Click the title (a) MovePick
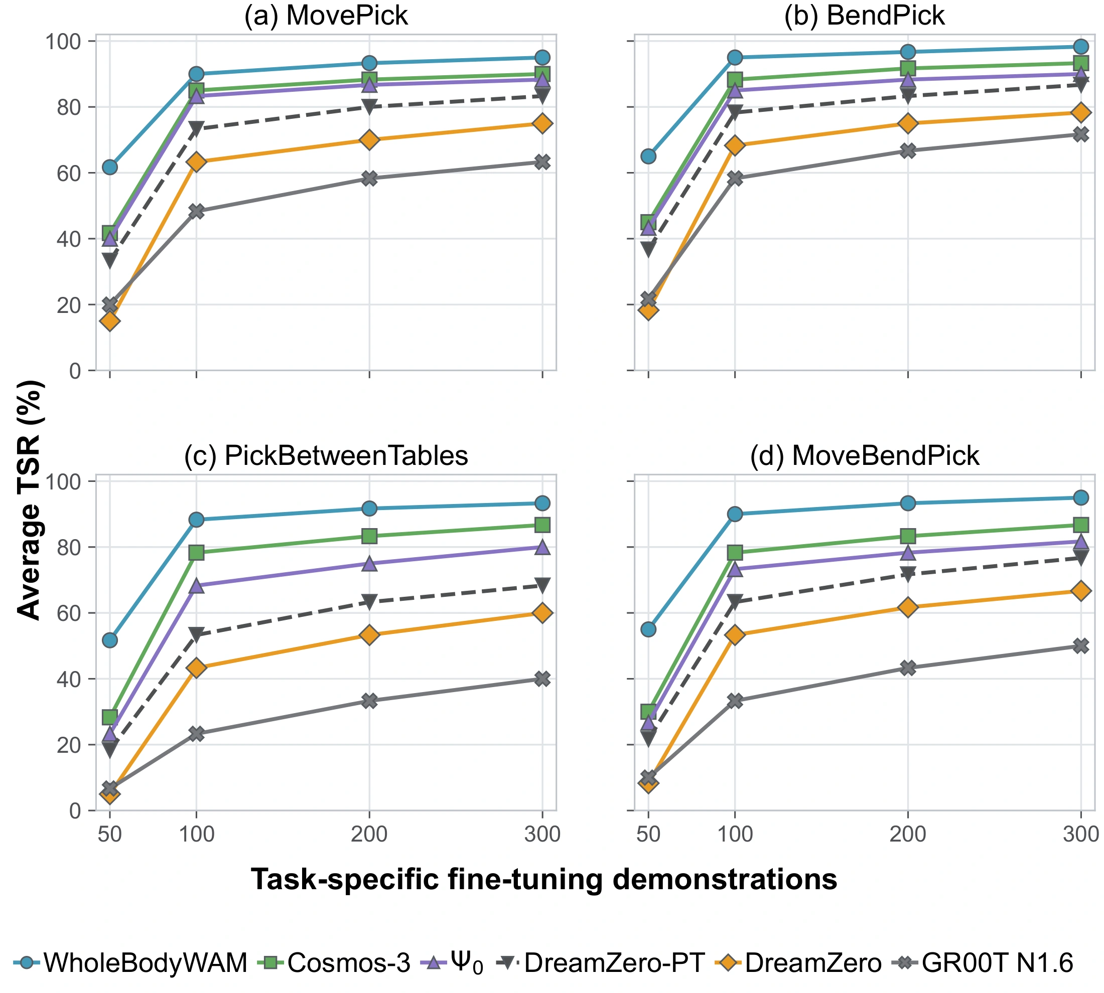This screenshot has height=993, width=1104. pyautogui.click(x=326, y=15)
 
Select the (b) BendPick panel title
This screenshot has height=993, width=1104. pyautogui.click(x=864, y=15)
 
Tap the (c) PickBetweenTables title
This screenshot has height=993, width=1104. pyautogui.click(x=326, y=455)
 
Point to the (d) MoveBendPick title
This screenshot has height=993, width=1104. pyautogui.click(x=864, y=455)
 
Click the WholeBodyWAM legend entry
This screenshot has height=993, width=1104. pyautogui.click(x=130, y=962)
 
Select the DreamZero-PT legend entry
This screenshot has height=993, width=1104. pyautogui.click(x=601, y=962)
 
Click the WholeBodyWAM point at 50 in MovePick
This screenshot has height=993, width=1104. pyautogui.click(x=110, y=167)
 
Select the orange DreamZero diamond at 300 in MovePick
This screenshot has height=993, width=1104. pyautogui.click(x=542, y=123)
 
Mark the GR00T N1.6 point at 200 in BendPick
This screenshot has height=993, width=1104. pyautogui.click(x=907, y=150)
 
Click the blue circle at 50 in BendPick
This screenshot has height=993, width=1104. pyautogui.click(x=648, y=156)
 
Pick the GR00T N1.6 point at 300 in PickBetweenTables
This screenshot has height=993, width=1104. pyautogui.click(x=542, y=679)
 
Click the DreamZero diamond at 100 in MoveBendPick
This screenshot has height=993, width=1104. pyautogui.click(x=735, y=634)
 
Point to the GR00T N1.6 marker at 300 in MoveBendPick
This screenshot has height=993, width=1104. pyautogui.click(x=1080, y=646)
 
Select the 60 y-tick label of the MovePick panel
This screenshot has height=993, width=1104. pyautogui.click(x=68, y=173)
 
